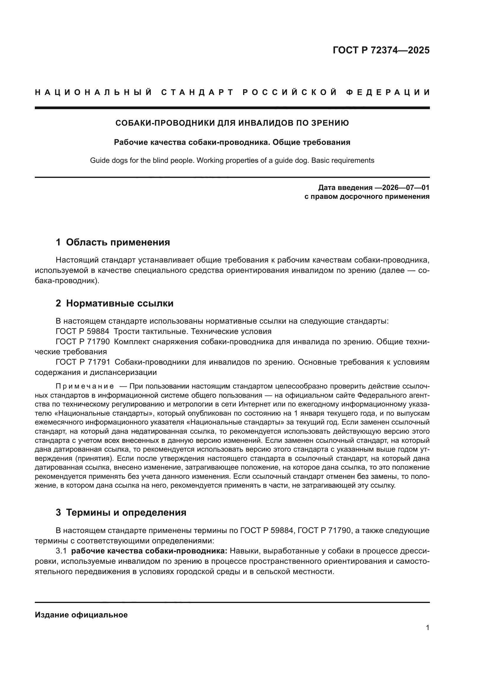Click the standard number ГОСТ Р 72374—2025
point(381,50)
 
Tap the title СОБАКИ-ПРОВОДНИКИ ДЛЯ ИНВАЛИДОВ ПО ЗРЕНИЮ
point(232,123)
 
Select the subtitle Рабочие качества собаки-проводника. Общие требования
point(232,142)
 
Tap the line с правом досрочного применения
point(367,197)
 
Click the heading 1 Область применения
point(113,242)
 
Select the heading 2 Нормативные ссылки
point(114,303)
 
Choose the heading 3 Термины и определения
point(121,512)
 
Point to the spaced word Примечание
point(85,386)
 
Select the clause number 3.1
point(61,551)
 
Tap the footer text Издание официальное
point(81,615)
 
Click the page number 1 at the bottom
point(427,628)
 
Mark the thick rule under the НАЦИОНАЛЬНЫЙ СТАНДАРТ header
point(232,108)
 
